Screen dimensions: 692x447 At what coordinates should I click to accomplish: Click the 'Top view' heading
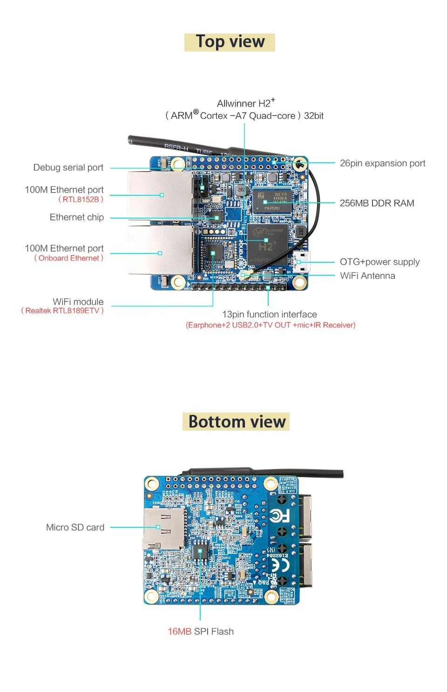230,42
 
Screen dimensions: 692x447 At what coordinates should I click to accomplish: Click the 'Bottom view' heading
237,422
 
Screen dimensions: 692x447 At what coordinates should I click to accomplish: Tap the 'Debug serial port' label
68,167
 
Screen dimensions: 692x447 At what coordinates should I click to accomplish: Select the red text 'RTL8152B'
81,200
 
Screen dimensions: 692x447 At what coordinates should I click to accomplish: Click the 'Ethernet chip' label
76,217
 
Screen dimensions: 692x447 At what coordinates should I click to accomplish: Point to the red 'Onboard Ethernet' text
69,258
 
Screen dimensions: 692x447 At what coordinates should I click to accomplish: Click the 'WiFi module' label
78,302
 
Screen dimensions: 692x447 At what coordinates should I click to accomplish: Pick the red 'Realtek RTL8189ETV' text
62,311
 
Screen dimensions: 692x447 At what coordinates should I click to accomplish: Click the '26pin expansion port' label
382,163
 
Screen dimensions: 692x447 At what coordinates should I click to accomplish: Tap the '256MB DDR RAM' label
377,203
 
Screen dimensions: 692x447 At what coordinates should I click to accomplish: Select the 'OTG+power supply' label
379,262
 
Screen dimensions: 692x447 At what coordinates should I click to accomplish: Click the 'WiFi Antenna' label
367,276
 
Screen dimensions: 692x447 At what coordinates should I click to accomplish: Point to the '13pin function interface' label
269,314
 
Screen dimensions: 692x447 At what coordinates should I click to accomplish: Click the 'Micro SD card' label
75,527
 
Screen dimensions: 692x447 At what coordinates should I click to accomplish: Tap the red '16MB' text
179,632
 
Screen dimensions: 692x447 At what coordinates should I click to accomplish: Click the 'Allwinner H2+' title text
245,103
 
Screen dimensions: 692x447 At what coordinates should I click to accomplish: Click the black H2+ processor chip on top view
266,243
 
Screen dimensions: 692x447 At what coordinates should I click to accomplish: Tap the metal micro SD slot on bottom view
163,528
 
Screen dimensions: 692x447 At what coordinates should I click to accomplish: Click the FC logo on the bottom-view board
279,515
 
